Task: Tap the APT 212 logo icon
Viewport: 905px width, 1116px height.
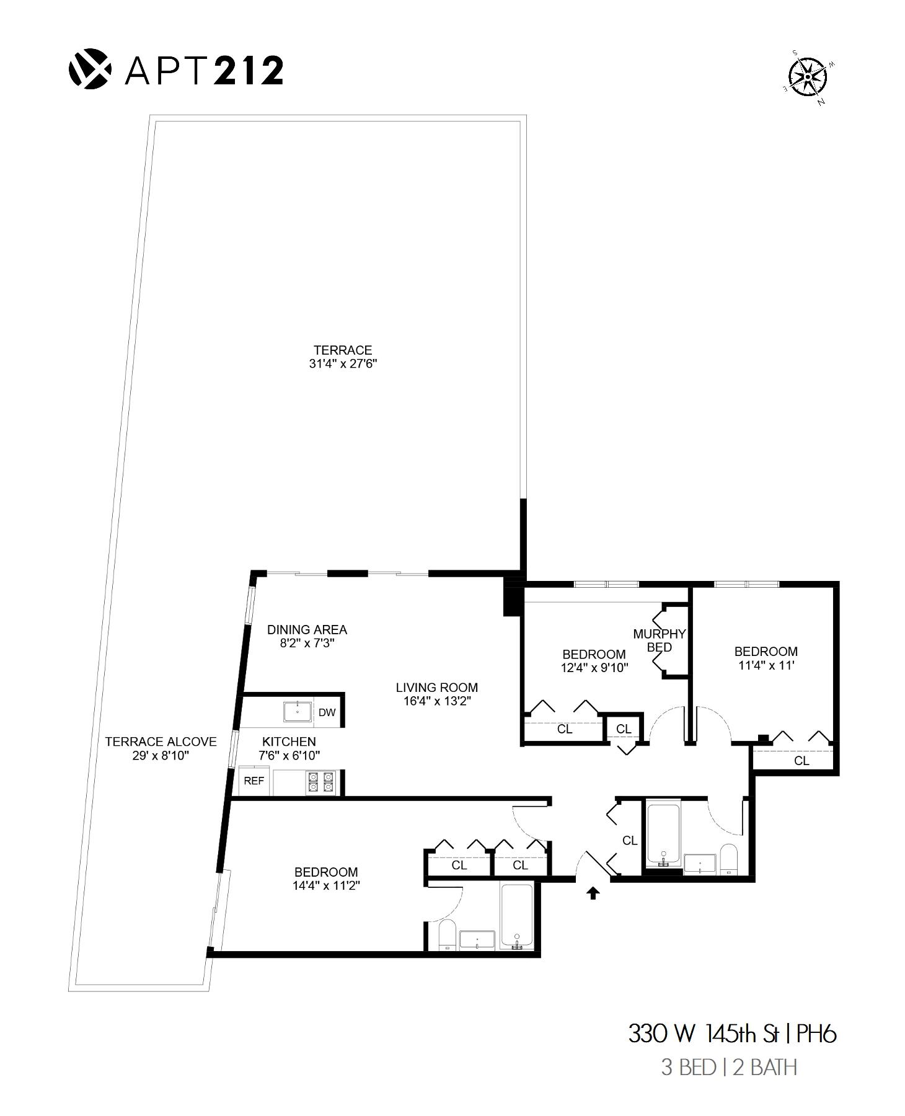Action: (89, 69)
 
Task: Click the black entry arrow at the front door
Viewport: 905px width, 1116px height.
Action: (593, 893)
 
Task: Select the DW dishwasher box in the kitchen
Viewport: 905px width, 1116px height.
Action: (327, 712)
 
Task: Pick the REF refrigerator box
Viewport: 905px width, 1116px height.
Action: (254, 781)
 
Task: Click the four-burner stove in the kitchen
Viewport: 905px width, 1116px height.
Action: (320, 782)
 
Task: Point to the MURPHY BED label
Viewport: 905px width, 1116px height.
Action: (659, 640)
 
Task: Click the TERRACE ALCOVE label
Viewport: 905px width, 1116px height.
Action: (161, 742)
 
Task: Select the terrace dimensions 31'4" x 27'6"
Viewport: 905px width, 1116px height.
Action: (343, 364)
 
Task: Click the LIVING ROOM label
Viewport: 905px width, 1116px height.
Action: (437, 687)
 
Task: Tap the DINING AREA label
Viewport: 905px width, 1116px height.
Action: (307, 629)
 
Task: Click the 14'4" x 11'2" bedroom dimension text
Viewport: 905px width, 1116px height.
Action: (326, 885)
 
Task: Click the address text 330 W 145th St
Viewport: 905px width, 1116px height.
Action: (703, 1034)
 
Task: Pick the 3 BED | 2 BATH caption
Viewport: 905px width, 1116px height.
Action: (729, 1068)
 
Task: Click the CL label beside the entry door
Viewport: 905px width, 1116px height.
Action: (630, 840)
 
